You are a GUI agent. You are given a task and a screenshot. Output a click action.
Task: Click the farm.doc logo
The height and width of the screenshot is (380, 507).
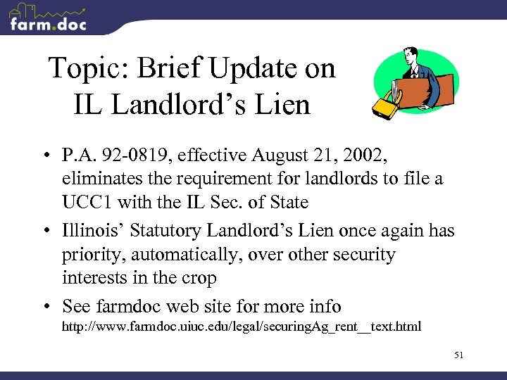[48, 18]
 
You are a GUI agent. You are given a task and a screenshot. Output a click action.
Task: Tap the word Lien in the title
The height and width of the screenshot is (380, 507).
[284, 105]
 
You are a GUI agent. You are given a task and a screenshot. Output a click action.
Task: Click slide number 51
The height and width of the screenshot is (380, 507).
[458, 355]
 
